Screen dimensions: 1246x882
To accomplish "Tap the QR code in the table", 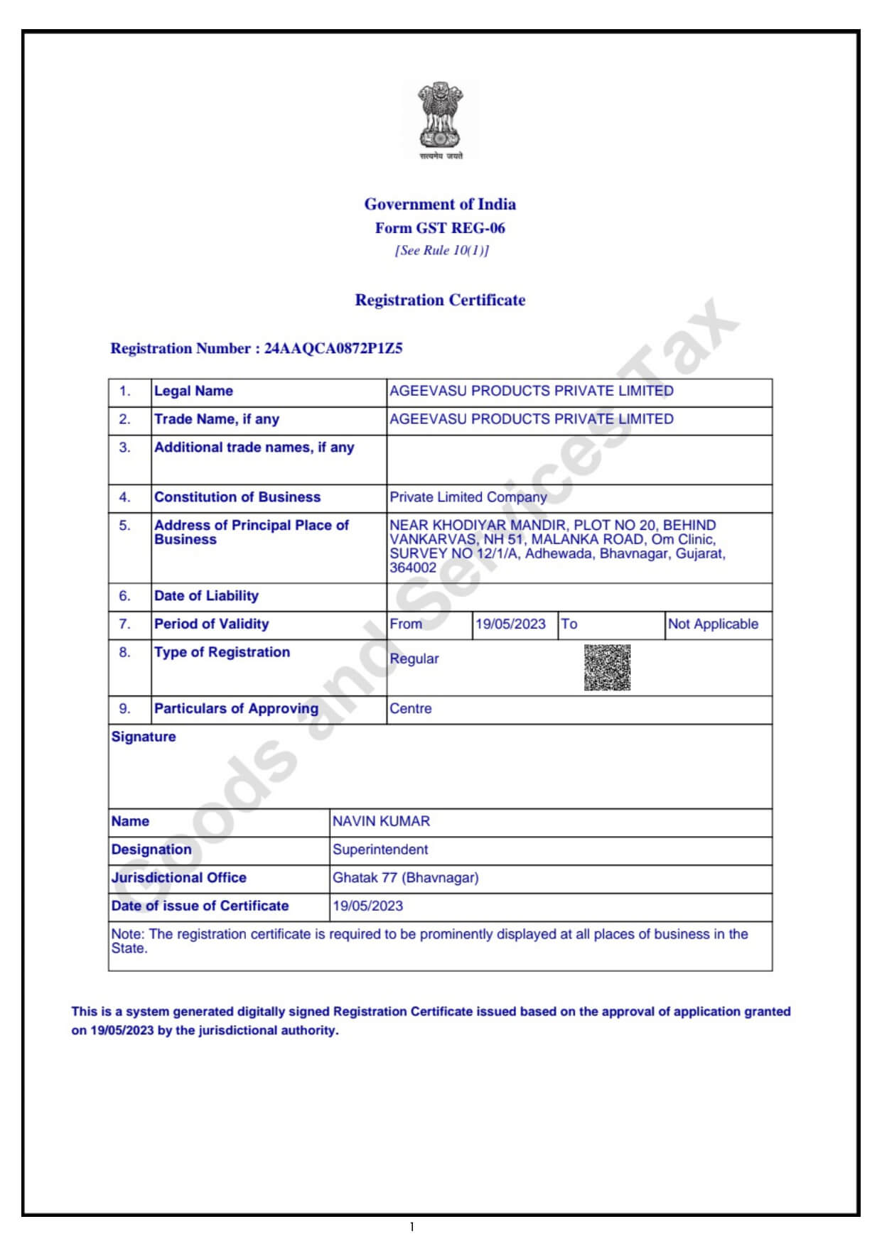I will click(x=607, y=668).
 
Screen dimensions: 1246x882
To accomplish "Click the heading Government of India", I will click(x=440, y=205).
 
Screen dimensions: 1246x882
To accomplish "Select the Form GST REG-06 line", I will click(x=440, y=228).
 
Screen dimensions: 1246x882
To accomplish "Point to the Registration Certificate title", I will click(x=440, y=300).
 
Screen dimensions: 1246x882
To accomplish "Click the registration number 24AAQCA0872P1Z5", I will click(x=333, y=348).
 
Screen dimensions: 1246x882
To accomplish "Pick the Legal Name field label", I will click(x=193, y=391).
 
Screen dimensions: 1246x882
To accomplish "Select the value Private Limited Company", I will click(x=468, y=497).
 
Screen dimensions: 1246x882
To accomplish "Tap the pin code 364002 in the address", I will click(x=413, y=568).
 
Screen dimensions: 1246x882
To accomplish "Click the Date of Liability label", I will click(x=206, y=596).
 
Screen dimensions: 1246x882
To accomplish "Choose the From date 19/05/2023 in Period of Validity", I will click(x=510, y=624).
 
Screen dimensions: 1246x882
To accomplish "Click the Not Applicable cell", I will click(x=713, y=624).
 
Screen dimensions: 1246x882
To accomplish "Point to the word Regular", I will click(x=414, y=659).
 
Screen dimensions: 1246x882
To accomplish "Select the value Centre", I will click(x=410, y=709).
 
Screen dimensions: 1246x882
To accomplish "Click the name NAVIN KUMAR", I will click(x=381, y=822).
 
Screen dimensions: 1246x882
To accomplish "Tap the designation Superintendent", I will click(x=380, y=850).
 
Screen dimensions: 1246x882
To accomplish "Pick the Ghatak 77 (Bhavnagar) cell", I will click(x=405, y=878).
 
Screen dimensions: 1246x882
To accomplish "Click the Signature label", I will click(x=144, y=737).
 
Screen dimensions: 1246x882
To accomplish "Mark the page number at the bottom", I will click(x=412, y=1227).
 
